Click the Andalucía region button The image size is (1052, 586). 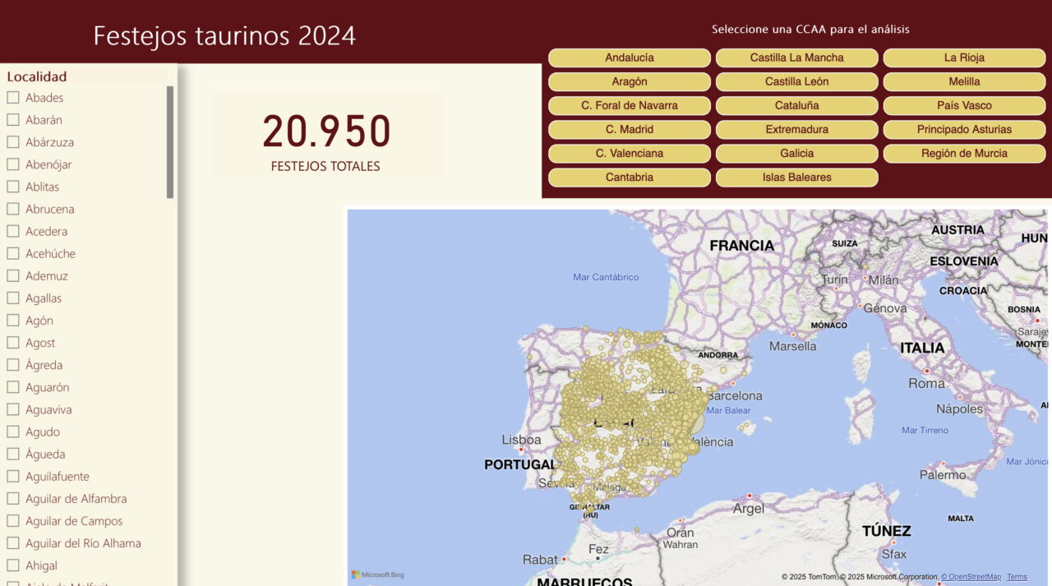(x=629, y=58)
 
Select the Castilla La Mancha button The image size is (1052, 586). (x=796, y=58)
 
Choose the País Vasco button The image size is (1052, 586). (x=964, y=105)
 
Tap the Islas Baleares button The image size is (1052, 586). (x=796, y=177)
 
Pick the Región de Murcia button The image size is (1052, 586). (x=964, y=153)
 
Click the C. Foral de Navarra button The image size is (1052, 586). (x=629, y=105)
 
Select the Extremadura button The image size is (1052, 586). (x=796, y=129)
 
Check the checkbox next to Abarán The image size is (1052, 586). (x=13, y=120)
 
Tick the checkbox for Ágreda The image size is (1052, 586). (x=13, y=365)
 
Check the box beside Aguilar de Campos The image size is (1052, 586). (x=13, y=521)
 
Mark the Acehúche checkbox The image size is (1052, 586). (x=13, y=254)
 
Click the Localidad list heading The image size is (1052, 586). (x=37, y=76)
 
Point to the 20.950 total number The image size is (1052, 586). (x=326, y=132)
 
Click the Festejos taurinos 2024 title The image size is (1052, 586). (x=224, y=36)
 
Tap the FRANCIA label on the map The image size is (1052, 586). (x=741, y=245)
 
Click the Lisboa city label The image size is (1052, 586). (x=521, y=440)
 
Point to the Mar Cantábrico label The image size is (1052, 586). (x=606, y=277)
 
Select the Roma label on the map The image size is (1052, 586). (x=927, y=383)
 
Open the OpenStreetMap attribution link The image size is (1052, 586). (x=971, y=577)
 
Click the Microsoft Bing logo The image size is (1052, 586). (x=378, y=574)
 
